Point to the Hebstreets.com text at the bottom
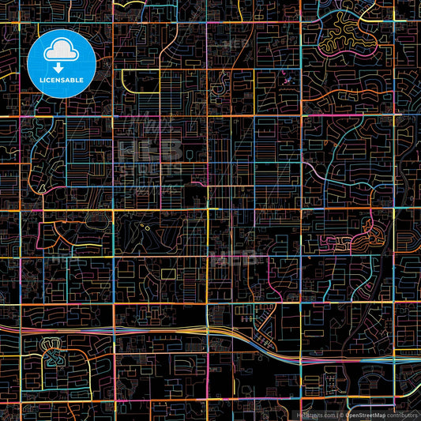pyautogui.click(x=315, y=414)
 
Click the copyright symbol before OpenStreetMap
pyautogui.click(x=342, y=414)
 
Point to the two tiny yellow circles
pyautogui.click(x=146, y=228)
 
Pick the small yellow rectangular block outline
pyautogui.click(x=167, y=273)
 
